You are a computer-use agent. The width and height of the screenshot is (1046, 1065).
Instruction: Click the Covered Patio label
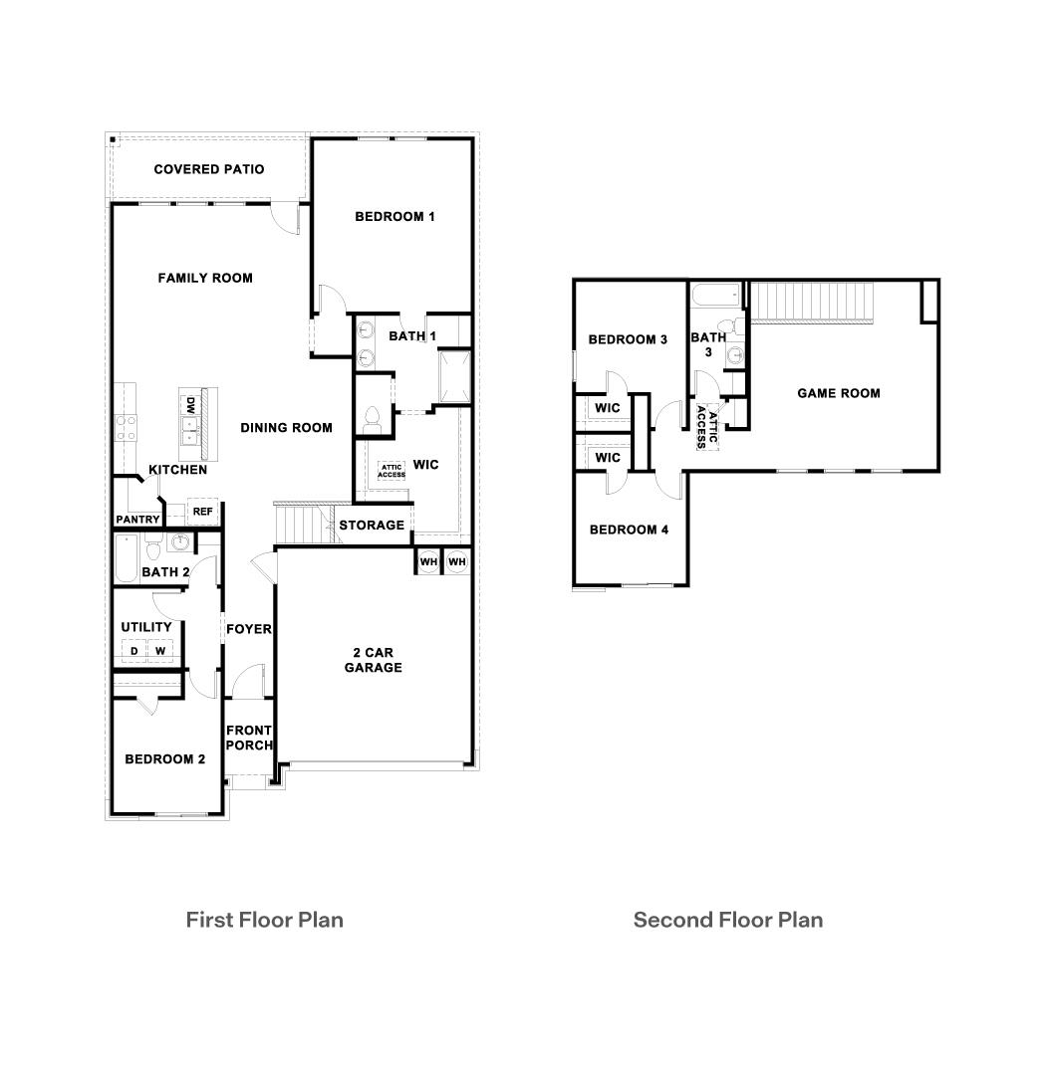coord(208,169)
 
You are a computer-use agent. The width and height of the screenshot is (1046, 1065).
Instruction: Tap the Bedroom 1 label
coord(394,216)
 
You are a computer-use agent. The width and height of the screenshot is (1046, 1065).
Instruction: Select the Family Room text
coord(205,278)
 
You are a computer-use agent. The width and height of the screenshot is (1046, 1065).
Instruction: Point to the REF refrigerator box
coord(202,512)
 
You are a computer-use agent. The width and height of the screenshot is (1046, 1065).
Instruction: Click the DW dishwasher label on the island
coord(189,406)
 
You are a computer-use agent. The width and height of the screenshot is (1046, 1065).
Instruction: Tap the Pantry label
coord(137,520)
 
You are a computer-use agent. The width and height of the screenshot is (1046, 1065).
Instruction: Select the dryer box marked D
coord(132,651)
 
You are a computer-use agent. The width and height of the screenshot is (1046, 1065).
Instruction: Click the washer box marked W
coord(159,651)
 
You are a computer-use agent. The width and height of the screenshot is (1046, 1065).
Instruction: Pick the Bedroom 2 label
coord(164,759)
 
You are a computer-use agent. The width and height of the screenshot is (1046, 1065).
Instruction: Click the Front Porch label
coord(248,738)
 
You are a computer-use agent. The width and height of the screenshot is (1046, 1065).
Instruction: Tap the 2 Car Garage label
coord(374,660)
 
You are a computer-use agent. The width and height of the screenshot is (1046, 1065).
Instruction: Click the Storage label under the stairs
coord(372,525)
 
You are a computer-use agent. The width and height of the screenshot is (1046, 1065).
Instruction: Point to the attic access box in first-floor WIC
coord(391,472)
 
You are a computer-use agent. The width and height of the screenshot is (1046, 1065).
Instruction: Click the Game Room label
coord(838,393)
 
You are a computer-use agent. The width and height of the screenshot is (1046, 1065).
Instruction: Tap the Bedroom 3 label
coord(628,339)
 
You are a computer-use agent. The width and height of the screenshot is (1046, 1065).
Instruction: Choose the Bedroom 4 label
coord(629,530)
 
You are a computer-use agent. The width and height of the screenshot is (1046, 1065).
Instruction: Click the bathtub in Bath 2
coord(126,558)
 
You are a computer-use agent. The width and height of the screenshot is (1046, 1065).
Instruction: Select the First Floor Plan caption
coord(264,920)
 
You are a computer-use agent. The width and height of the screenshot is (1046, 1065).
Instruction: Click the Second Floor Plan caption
coord(727,920)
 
